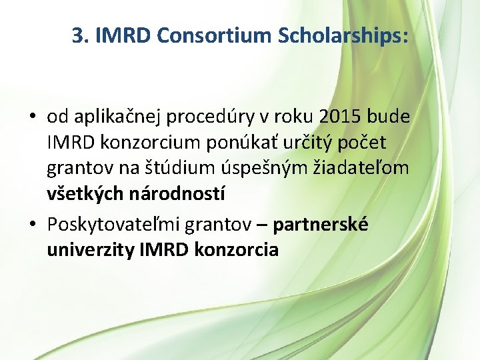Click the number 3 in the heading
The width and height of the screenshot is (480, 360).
(x=77, y=37)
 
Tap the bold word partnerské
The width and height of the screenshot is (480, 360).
(x=321, y=225)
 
